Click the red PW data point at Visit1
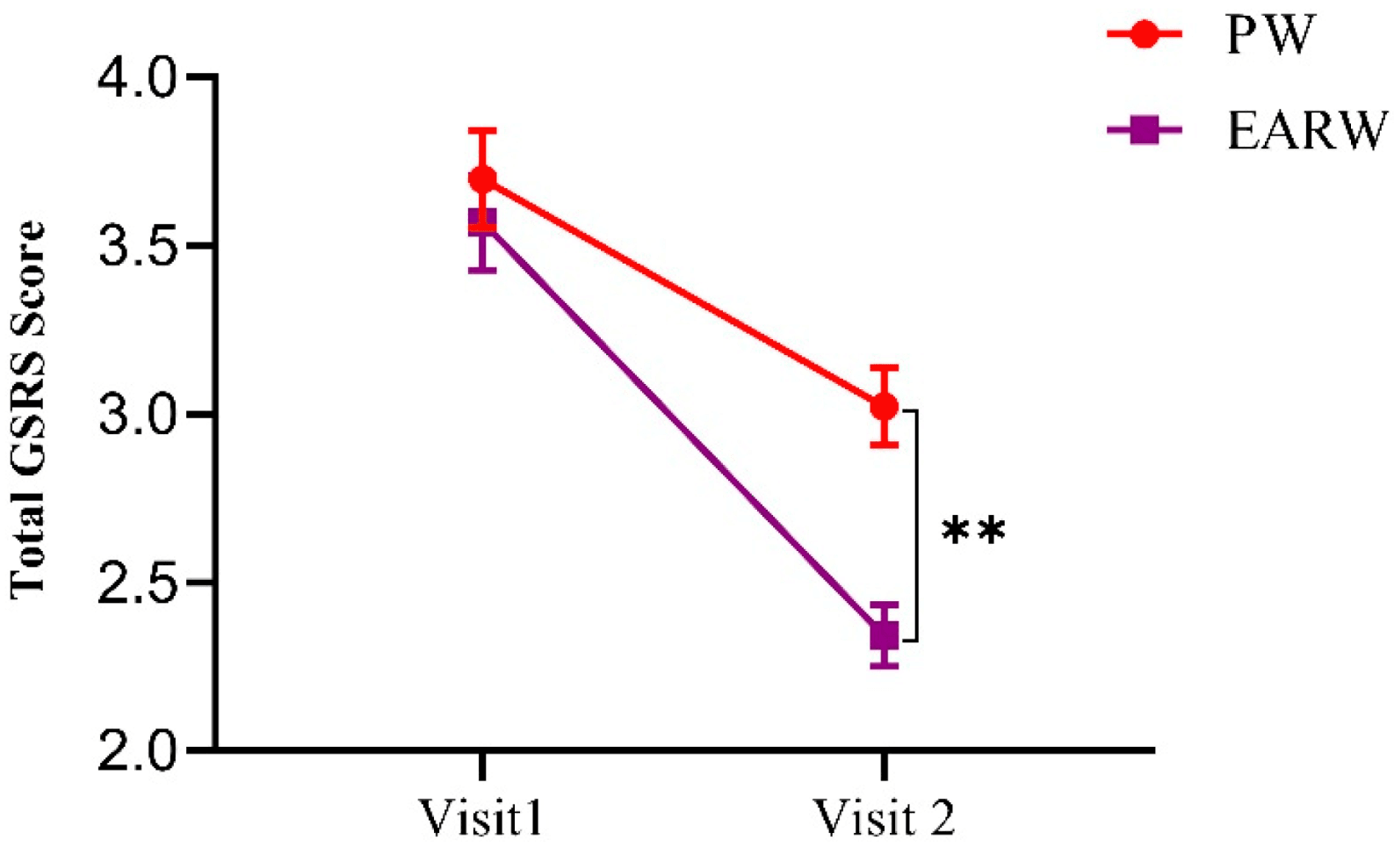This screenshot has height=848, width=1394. tap(482, 180)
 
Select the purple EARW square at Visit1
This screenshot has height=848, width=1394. tap(482, 221)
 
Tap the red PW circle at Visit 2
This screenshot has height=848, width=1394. tap(884, 407)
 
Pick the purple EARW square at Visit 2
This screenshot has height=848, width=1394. tap(884, 635)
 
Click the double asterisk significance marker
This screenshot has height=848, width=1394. tap(973, 531)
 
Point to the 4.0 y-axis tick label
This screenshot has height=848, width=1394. tap(137, 78)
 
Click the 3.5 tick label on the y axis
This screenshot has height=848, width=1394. tap(137, 246)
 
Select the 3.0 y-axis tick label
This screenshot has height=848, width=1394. tap(137, 414)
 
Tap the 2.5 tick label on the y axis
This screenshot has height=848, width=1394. tap(137, 582)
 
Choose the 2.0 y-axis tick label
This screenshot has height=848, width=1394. tap(137, 750)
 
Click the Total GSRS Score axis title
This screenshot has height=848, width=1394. tap(28, 410)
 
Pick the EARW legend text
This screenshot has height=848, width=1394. tap(1307, 131)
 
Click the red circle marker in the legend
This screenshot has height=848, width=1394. tap(1144, 34)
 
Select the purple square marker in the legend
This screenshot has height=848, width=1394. tap(1144, 130)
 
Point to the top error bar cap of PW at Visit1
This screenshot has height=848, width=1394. tap(482, 130)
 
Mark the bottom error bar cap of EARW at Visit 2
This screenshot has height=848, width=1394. tap(884, 667)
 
